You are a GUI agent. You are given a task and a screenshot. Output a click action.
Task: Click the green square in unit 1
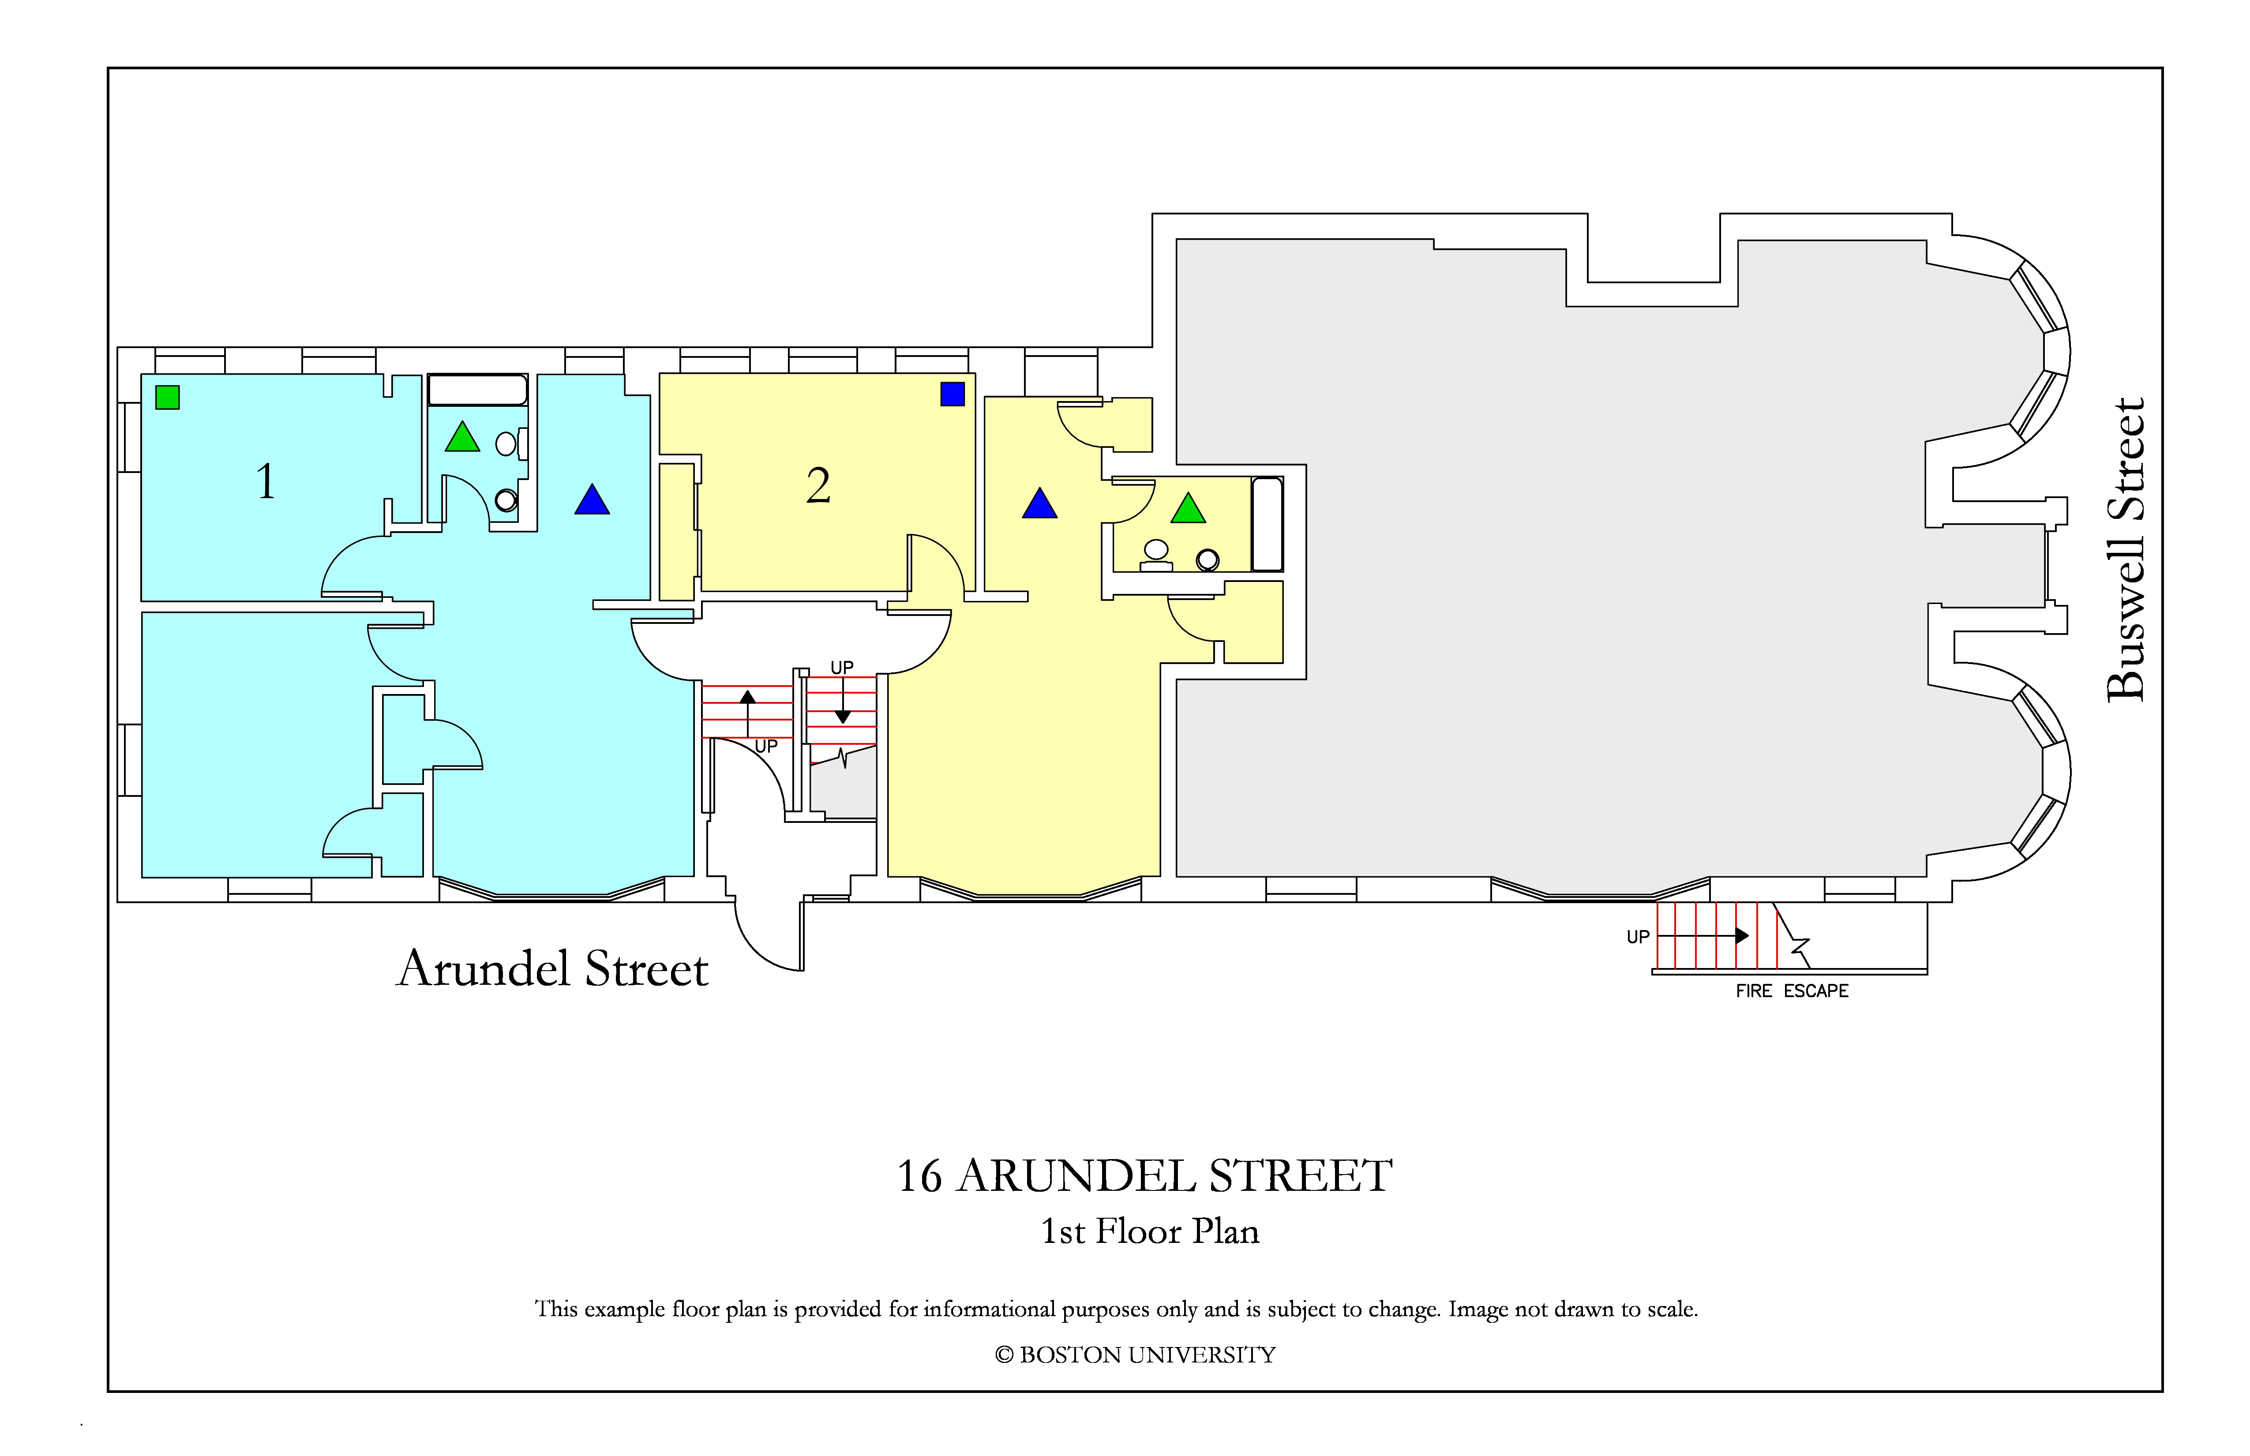167,397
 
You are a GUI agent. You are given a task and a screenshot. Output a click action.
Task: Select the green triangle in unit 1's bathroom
462,437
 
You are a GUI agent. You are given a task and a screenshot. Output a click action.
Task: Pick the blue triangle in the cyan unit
592,499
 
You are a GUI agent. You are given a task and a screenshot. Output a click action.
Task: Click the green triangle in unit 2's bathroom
1189,509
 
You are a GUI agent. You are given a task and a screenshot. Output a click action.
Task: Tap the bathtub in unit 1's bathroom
477,390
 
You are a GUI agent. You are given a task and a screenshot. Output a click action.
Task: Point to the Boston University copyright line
1136,1355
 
